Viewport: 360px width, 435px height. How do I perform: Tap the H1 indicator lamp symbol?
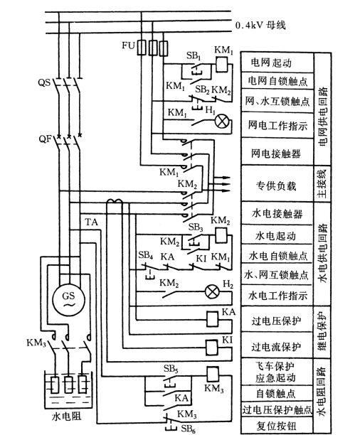pos(222,122)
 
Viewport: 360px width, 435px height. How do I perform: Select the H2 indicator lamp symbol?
pos(212,291)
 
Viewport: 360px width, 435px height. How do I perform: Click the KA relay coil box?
pos(212,319)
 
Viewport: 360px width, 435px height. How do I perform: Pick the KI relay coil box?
pos(212,348)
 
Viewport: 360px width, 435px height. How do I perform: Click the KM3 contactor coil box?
pos(213,374)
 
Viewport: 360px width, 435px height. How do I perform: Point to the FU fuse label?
pos(128,45)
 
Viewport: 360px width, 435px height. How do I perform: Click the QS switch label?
pos(44,82)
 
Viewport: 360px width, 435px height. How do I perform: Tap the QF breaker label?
pos(46,139)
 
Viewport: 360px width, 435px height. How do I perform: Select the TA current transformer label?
pos(91,222)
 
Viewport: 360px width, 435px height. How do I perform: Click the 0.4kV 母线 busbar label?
pos(260,26)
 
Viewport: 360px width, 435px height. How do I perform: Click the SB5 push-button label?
pos(171,369)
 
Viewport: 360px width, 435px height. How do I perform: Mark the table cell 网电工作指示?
pos(277,125)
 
